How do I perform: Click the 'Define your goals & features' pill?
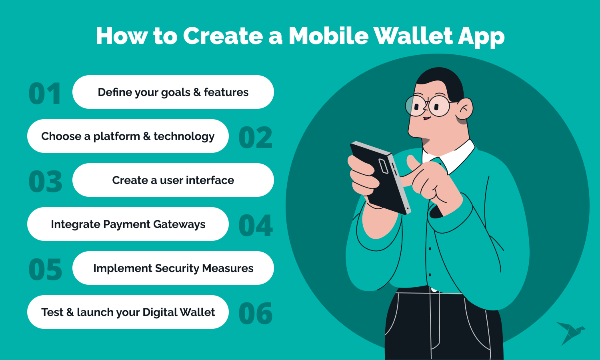click(x=173, y=92)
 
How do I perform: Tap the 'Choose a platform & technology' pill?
click(x=128, y=136)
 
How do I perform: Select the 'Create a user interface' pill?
click(x=173, y=180)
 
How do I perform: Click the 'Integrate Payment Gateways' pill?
click(x=128, y=224)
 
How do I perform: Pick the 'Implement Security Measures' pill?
click(x=173, y=268)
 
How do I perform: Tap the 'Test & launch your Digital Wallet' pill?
click(x=128, y=312)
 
